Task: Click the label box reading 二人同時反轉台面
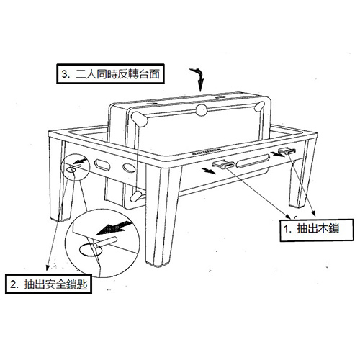(x=110, y=73)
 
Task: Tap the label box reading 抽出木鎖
(x=317, y=230)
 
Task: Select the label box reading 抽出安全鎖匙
(x=48, y=284)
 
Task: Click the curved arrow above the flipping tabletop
(x=199, y=78)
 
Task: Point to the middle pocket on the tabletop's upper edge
(x=201, y=110)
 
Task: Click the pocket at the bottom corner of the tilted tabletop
(x=135, y=196)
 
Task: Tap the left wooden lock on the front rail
(x=224, y=164)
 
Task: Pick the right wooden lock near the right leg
(x=287, y=151)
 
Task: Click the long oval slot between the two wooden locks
(x=253, y=161)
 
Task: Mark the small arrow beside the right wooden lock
(x=277, y=153)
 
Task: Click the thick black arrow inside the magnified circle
(x=114, y=228)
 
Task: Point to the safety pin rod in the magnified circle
(x=106, y=242)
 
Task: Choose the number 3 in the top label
(x=64, y=74)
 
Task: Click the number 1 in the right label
(x=287, y=229)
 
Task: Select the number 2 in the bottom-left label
(x=13, y=284)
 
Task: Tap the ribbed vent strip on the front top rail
(x=206, y=151)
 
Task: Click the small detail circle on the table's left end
(x=76, y=167)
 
